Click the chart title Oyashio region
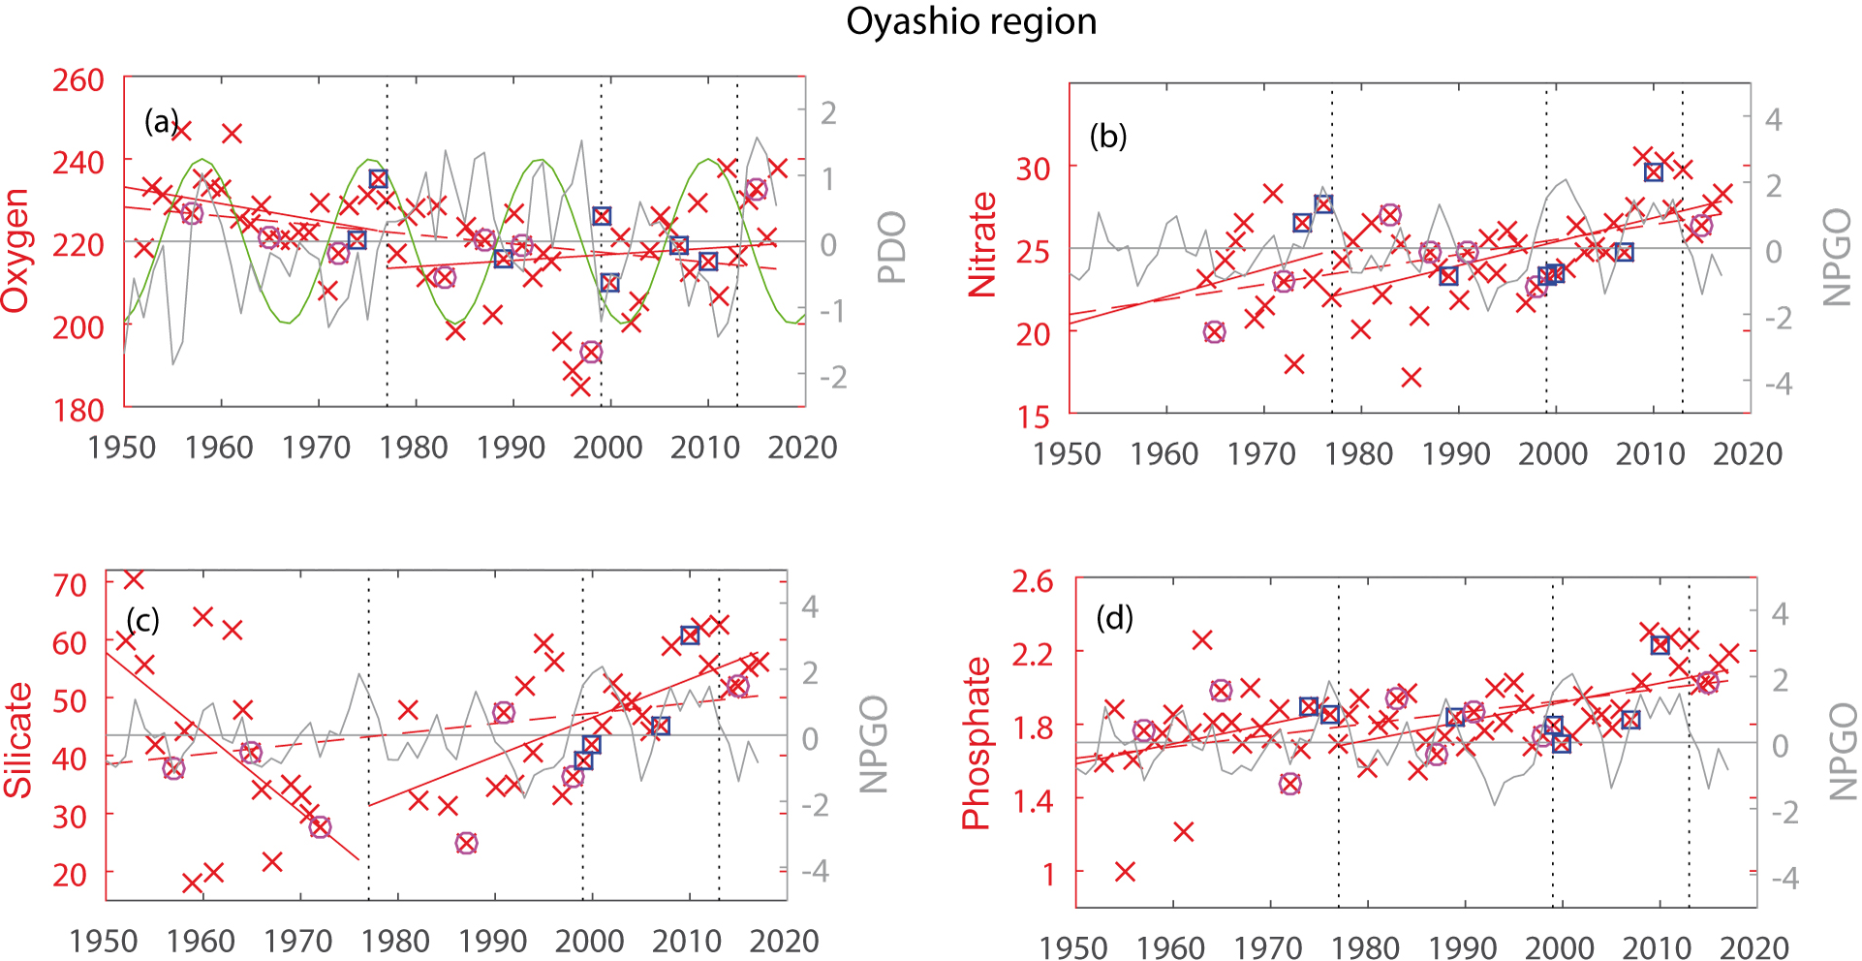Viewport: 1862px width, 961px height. [971, 21]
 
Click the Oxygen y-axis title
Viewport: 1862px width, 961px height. [16, 250]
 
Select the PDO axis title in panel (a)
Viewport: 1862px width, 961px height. [891, 247]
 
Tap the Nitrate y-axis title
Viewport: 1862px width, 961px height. [982, 244]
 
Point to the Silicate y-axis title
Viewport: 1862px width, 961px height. [18, 740]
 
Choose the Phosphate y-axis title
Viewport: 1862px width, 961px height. [976, 743]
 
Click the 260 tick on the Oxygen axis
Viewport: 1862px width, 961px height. [78, 79]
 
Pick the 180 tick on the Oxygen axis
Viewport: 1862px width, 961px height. [78, 410]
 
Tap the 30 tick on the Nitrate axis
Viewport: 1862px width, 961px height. [1033, 169]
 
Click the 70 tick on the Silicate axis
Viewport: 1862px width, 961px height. [70, 584]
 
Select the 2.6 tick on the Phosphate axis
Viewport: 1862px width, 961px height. [1032, 581]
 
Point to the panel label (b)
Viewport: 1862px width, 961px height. [1108, 136]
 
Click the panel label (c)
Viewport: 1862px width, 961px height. [142, 620]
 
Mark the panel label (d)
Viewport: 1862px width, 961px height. [1114, 617]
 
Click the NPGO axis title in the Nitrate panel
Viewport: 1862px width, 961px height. [1837, 258]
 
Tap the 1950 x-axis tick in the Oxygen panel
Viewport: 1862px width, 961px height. [122, 448]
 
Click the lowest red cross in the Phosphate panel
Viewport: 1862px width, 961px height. [1125, 872]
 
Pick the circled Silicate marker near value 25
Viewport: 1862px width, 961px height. [467, 843]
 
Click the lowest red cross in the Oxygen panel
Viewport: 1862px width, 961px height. [580, 387]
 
